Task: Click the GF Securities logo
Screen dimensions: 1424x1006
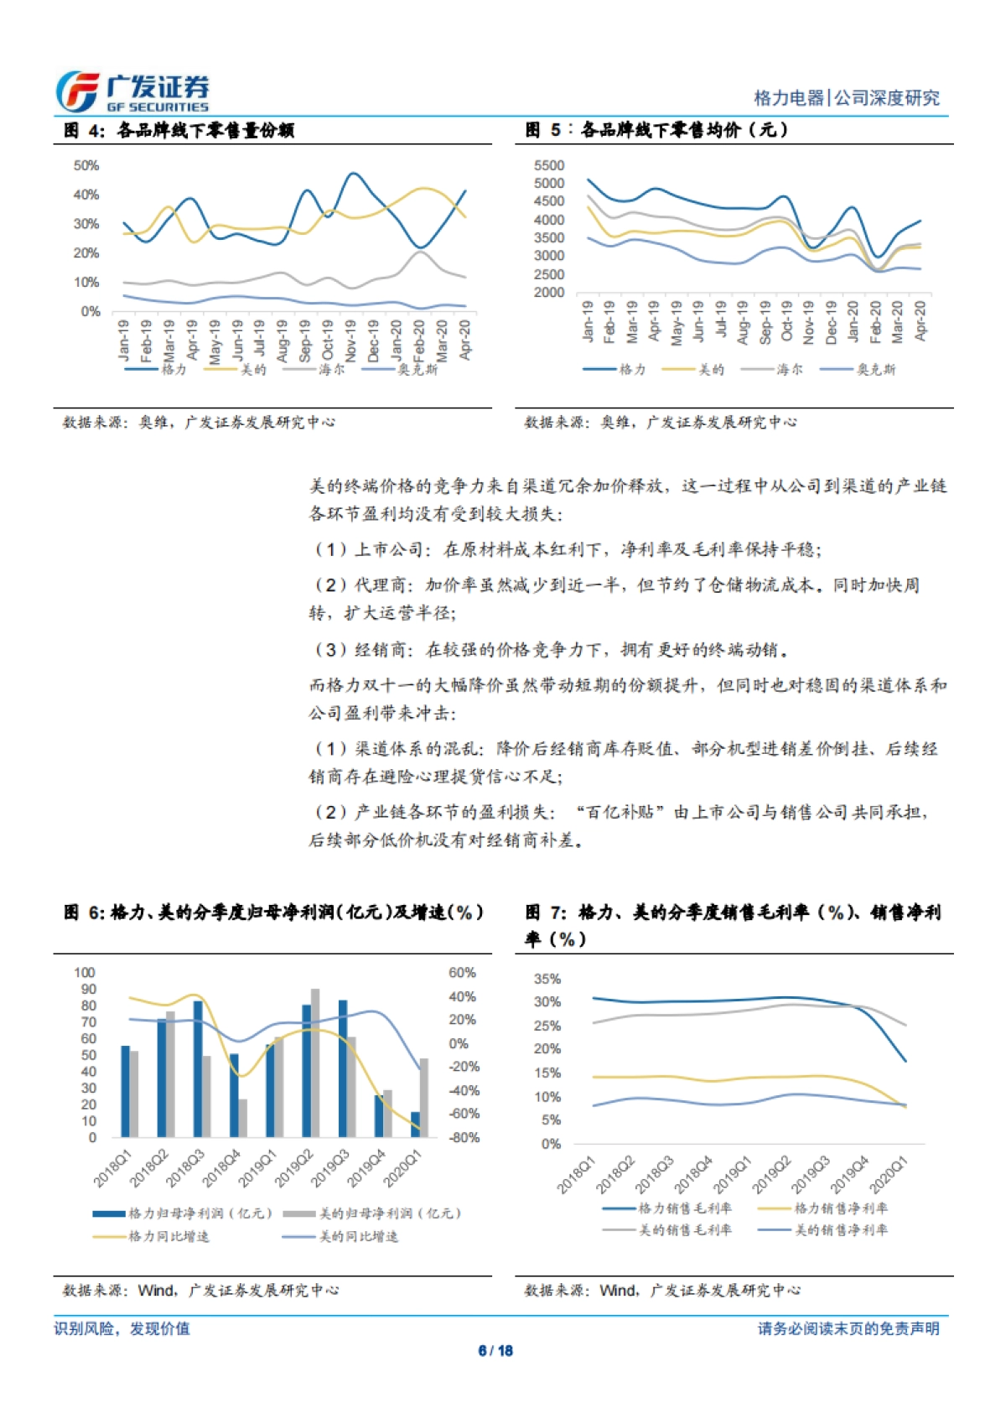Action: tap(132, 92)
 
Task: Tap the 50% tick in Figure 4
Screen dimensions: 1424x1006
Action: tap(86, 166)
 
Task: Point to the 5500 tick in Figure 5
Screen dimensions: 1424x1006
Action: tap(549, 166)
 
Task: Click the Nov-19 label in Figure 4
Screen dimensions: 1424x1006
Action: tap(350, 339)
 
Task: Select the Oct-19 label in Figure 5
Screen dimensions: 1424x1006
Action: tap(786, 321)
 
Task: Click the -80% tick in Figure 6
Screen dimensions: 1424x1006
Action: tap(464, 1138)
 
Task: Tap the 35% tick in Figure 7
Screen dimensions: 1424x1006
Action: tap(547, 980)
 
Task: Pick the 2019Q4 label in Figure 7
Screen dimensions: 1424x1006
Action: tap(850, 1174)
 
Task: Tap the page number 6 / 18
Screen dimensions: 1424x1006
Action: tap(495, 1350)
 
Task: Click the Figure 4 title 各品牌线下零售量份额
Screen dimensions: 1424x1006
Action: tap(205, 130)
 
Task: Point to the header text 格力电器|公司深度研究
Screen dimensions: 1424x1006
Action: tap(847, 98)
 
